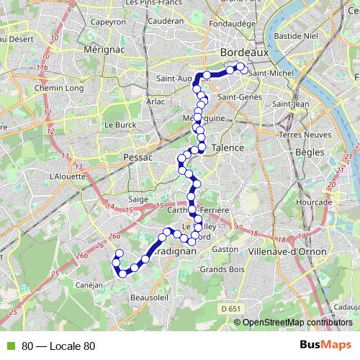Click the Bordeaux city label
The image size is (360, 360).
pos(244,53)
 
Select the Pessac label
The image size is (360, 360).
pos(134,156)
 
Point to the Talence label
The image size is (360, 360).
pos(228,147)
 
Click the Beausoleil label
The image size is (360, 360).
pos(150,297)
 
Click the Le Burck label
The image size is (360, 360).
pos(120,124)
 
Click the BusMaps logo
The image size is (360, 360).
pos(325,346)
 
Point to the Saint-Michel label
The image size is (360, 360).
pos(272,72)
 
